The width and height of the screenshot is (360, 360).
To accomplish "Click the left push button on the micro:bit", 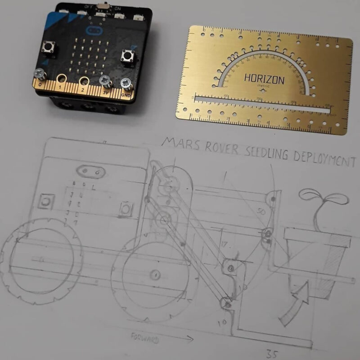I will click(x=48, y=47).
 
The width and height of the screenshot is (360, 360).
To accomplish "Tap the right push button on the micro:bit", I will click(x=127, y=56).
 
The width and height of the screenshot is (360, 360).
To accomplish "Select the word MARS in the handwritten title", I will click(x=178, y=143).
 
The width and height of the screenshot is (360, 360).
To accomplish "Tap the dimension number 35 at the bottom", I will click(x=272, y=353).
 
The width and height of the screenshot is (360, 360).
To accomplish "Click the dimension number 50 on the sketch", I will click(x=260, y=211).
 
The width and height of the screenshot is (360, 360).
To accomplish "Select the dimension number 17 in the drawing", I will click(x=225, y=245).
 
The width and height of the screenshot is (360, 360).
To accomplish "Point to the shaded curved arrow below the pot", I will click(x=292, y=306).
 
